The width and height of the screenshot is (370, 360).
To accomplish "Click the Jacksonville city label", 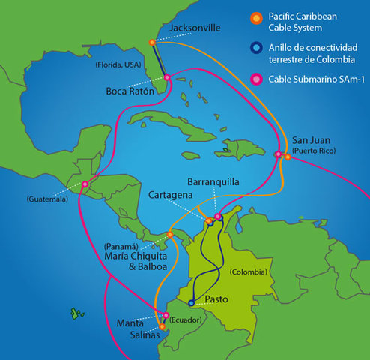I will (195, 28).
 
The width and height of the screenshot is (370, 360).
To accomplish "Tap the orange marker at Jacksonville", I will (153, 42).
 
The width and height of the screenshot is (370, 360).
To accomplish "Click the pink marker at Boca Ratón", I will (167, 77).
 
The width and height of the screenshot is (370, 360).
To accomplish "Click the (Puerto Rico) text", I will (314, 151).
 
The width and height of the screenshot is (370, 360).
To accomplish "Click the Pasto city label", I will (216, 299).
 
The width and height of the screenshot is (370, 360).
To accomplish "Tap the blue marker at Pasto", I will (192, 303).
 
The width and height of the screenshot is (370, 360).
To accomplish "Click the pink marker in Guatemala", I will (85, 184).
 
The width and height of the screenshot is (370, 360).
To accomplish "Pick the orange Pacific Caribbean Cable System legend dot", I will (256, 17).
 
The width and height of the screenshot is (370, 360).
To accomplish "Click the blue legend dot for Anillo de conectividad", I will (256, 49).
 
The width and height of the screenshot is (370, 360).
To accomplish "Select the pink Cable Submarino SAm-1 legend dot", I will (256, 78).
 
